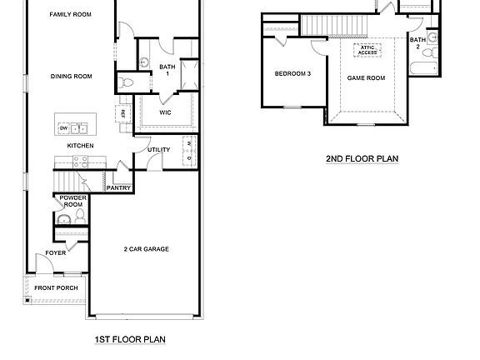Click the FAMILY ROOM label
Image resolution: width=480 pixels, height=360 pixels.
click(x=70, y=14)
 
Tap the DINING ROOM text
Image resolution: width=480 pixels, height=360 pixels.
click(x=71, y=77)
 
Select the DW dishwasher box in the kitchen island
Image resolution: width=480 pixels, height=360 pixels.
click(x=62, y=127)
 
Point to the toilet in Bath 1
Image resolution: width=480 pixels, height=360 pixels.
click(x=126, y=82)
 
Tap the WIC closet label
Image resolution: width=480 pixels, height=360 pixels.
click(x=166, y=112)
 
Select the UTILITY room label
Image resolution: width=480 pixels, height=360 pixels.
click(x=158, y=150)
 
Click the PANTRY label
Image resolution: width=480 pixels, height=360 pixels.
click(x=117, y=188)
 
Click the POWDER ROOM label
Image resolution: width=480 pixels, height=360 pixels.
click(x=69, y=201)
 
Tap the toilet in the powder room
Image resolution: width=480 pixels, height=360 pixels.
click(x=81, y=216)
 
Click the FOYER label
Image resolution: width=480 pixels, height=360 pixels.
click(x=56, y=252)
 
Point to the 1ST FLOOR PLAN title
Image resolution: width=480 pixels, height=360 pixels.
click(x=131, y=339)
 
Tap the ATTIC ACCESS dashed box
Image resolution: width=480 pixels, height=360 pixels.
click(x=367, y=50)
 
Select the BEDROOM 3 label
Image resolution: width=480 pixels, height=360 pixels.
click(x=292, y=73)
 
